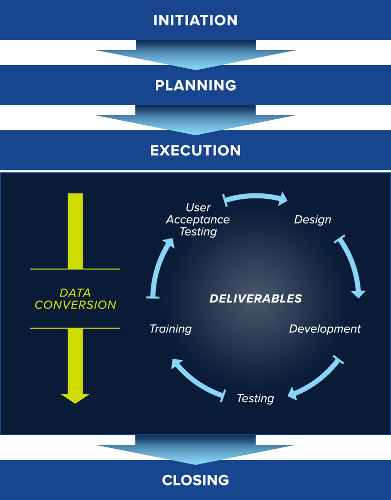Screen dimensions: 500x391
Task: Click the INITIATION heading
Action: [195, 21]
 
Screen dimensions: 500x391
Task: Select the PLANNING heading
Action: [195, 85]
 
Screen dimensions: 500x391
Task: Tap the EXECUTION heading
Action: [195, 150]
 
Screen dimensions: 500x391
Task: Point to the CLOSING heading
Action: [195, 480]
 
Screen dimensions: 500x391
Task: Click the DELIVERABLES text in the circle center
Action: [256, 299]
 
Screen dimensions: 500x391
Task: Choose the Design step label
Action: [312, 219]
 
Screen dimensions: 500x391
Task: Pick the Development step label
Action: [325, 329]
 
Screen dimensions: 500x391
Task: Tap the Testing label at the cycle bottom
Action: [255, 398]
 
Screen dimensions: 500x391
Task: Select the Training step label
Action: [170, 329]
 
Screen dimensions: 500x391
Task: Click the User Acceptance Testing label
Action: [198, 219]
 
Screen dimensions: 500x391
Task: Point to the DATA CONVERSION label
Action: [75, 299]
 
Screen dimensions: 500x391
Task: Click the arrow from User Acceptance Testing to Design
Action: [256, 197]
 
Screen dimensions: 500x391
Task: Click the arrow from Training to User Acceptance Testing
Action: [159, 268]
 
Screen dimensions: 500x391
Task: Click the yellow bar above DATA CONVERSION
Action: [75, 230]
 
